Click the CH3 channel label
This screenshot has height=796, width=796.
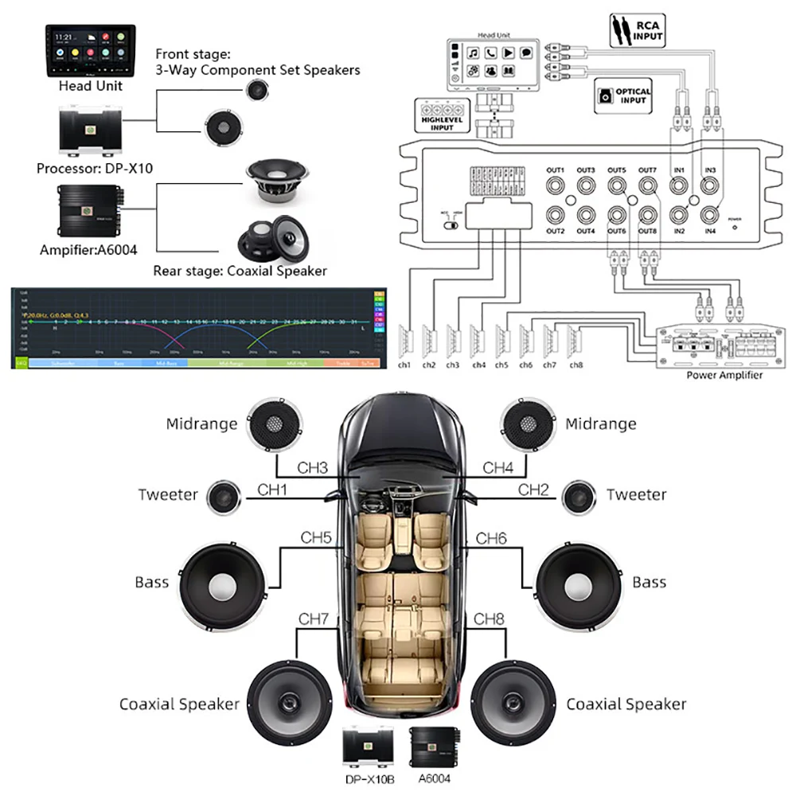[313, 468]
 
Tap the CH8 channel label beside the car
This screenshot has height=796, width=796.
[490, 618]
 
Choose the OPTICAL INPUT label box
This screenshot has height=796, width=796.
[623, 96]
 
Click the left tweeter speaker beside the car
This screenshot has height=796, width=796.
[224, 497]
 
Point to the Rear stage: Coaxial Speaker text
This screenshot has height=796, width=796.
[239, 271]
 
